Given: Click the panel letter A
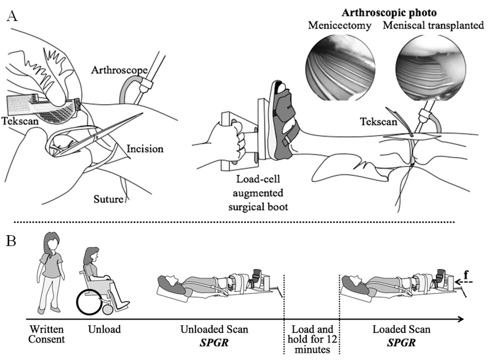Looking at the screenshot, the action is click(x=12, y=16).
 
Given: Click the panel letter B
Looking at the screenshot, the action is click(x=11, y=241).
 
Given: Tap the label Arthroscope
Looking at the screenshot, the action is click(x=119, y=70).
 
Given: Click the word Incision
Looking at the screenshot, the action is click(x=145, y=149).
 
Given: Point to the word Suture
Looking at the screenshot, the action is click(x=108, y=199).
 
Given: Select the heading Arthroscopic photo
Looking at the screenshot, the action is click(x=389, y=13).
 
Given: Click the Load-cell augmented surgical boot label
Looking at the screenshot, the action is click(x=258, y=193).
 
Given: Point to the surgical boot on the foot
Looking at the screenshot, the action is click(x=282, y=122).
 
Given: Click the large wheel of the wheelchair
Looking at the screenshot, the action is click(x=89, y=302).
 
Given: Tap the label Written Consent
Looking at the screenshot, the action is click(x=47, y=334).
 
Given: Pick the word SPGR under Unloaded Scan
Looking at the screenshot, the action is click(x=214, y=342).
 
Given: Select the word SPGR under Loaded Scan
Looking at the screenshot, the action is click(x=401, y=342).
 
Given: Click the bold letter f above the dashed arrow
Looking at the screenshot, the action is click(x=466, y=275).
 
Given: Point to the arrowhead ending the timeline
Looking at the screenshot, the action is click(x=461, y=319).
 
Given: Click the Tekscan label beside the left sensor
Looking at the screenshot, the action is click(x=20, y=121).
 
